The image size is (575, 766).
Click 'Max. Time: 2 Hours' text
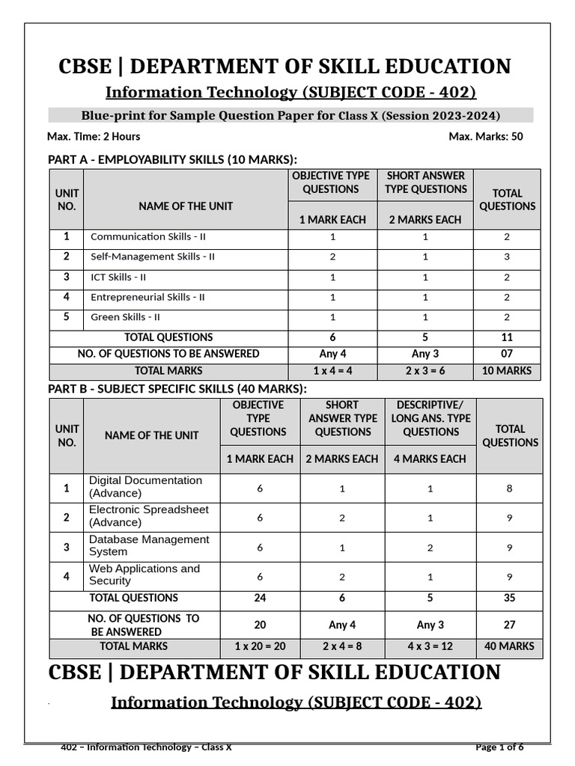point(94,136)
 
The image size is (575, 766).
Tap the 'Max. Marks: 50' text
point(486,136)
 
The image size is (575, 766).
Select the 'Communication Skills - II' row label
point(148,236)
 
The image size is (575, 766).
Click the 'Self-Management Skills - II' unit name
point(153,257)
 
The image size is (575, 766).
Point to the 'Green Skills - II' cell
point(125,317)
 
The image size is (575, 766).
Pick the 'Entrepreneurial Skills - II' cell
point(147,297)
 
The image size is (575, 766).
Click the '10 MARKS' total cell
point(507,370)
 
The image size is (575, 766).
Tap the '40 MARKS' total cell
point(510,646)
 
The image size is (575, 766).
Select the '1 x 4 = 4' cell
point(332,370)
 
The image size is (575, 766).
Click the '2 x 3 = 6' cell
point(425,370)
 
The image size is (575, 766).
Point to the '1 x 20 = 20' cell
point(260,646)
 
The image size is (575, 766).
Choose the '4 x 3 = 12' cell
point(431,646)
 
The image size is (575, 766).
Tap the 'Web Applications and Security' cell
point(144,574)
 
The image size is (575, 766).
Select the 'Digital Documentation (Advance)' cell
point(145,487)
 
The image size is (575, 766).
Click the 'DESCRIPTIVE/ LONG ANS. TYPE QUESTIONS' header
point(431,419)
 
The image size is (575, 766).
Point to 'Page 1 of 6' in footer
point(499,747)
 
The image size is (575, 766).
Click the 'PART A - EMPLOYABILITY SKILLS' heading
point(172,159)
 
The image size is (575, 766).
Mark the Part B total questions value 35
point(510,598)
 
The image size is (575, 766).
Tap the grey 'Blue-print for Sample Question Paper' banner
point(290,115)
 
